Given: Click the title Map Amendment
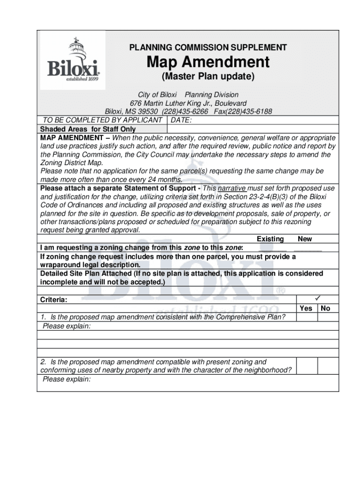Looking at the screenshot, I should pos(208,62).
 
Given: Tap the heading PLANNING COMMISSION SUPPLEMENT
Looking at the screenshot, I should pos(208,48).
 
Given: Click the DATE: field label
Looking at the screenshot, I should pos(181,120).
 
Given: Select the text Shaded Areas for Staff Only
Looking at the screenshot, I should pos(88,129).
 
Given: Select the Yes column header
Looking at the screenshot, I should pos(306,308).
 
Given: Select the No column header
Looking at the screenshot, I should pos(326,308).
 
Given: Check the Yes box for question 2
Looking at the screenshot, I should pos(307,366).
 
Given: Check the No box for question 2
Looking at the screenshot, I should pos(328,366).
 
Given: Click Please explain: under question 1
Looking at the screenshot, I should pos(66,326).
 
